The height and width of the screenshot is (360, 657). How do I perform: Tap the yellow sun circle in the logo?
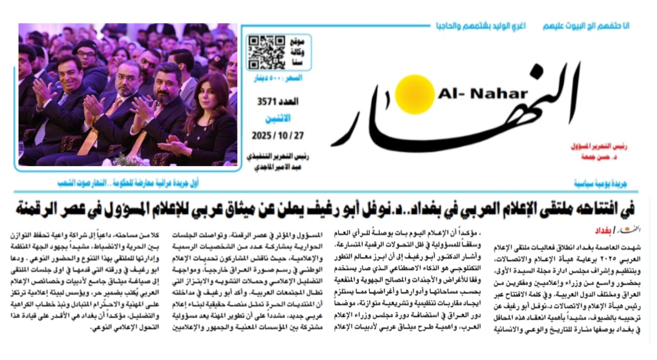pos(414,94)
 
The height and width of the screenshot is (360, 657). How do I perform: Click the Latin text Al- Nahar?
pos(482,94)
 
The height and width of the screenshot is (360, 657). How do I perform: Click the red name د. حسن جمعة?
pos(603,158)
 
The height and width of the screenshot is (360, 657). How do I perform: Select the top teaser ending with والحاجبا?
pos(481,26)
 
